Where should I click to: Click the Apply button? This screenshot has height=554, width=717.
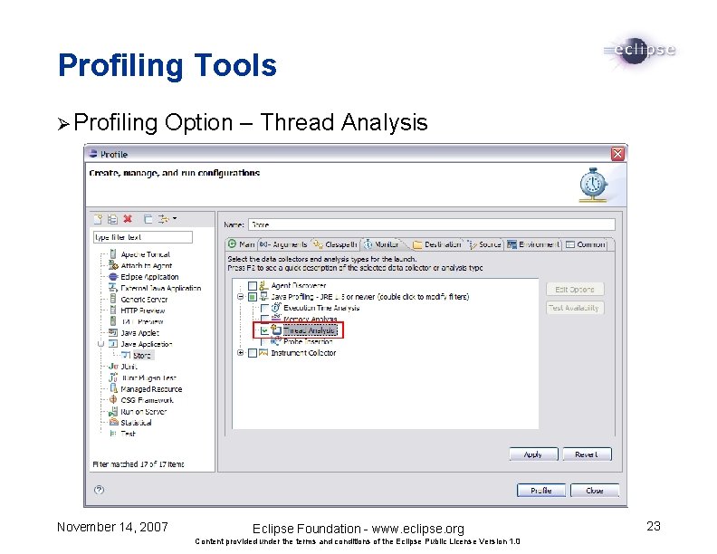[x=533, y=454]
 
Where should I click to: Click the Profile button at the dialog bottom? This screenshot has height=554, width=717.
[x=540, y=491]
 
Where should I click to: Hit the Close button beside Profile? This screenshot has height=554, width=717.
[x=594, y=491]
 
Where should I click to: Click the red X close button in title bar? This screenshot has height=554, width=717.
[x=617, y=154]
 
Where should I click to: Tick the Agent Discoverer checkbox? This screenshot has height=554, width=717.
[x=253, y=286]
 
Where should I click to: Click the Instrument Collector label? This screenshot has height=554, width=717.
[x=303, y=353]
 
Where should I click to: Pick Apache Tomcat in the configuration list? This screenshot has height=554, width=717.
[x=145, y=255]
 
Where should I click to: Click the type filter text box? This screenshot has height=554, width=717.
[x=142, y=237]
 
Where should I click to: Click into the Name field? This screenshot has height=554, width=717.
[x=431, y=224]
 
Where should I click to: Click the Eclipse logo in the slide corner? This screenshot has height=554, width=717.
[x=639, y=50]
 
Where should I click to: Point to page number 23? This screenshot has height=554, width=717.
[x=653, y=526]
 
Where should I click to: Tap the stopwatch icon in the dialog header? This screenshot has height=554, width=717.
[x=593, y=184]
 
